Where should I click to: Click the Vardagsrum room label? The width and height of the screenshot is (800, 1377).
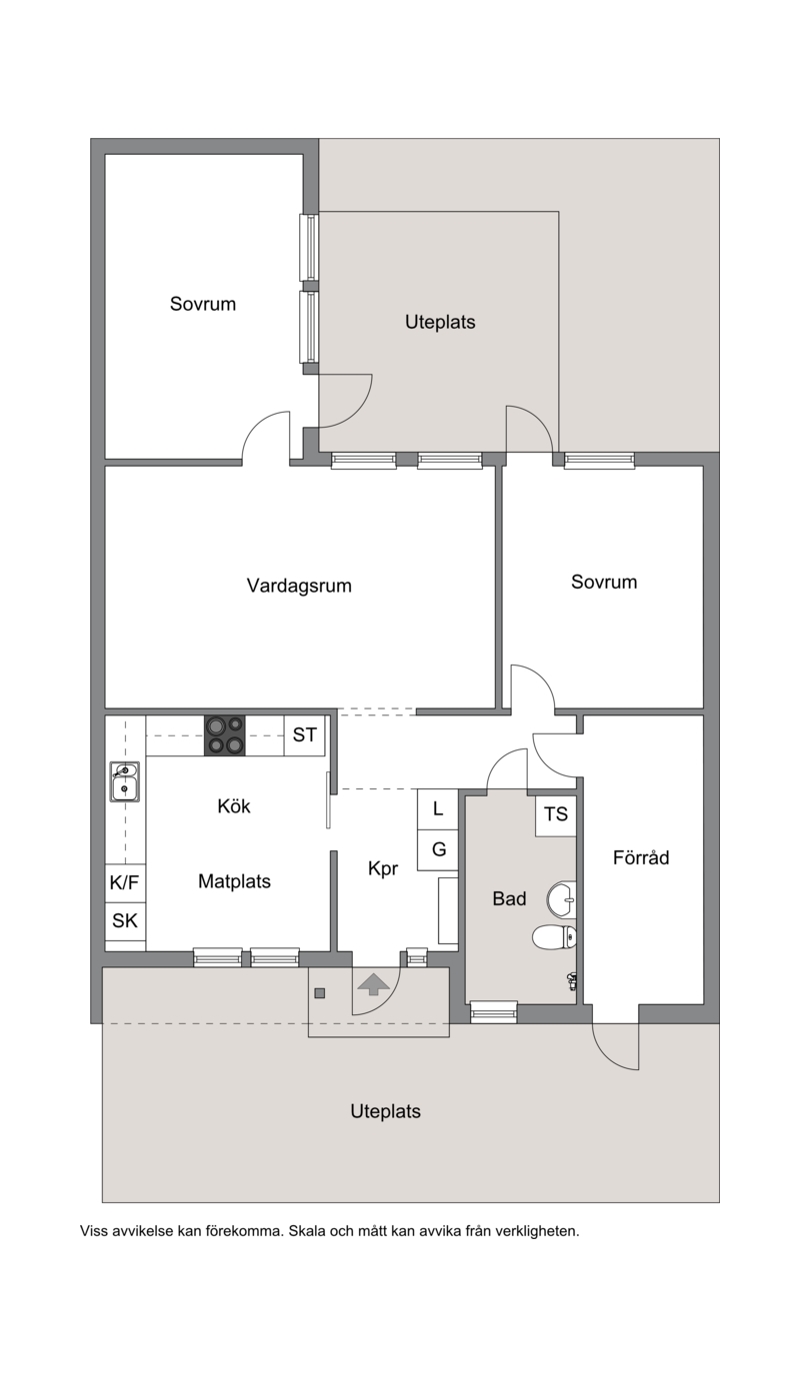click(x=299, y=586)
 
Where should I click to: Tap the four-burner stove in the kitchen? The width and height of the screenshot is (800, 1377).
click(x=225, y=735)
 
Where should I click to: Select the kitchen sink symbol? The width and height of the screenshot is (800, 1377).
click(x=125, y=781)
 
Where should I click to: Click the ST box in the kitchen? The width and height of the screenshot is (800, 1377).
click(x=305, y=735)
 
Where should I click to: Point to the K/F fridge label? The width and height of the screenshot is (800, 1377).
click(x=124, y=882)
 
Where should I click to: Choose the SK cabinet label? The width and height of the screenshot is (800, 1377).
click(x=124, y=921)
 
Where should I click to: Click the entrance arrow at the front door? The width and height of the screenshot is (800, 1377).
click(x=374, y=984)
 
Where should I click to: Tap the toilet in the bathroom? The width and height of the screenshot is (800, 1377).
click(x=554, y=938)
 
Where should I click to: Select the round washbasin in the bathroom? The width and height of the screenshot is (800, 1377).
click(x=561, y=899)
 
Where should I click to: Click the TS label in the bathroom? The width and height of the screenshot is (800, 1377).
click(x=556, y=814)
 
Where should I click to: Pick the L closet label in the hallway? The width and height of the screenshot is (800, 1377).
click(x=438, y=809)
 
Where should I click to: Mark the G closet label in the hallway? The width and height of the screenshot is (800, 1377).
click(x=439, y=849)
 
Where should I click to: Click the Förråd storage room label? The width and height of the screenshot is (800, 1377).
click(x=641, y=857)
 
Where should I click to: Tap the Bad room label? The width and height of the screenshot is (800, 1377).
click(x=509, y=898)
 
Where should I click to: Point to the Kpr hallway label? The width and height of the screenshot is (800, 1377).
click(x=383, y=868)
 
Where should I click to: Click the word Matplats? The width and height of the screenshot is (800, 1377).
click(x=234, y=881)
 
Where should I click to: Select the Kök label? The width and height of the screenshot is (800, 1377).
click(x=234, y=805)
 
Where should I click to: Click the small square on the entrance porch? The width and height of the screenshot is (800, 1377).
click(x=319, y=993)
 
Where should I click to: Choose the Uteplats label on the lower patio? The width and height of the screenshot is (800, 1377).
click(x=386, y=1111)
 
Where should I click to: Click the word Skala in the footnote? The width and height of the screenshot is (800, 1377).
click(x=307, y=1231)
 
